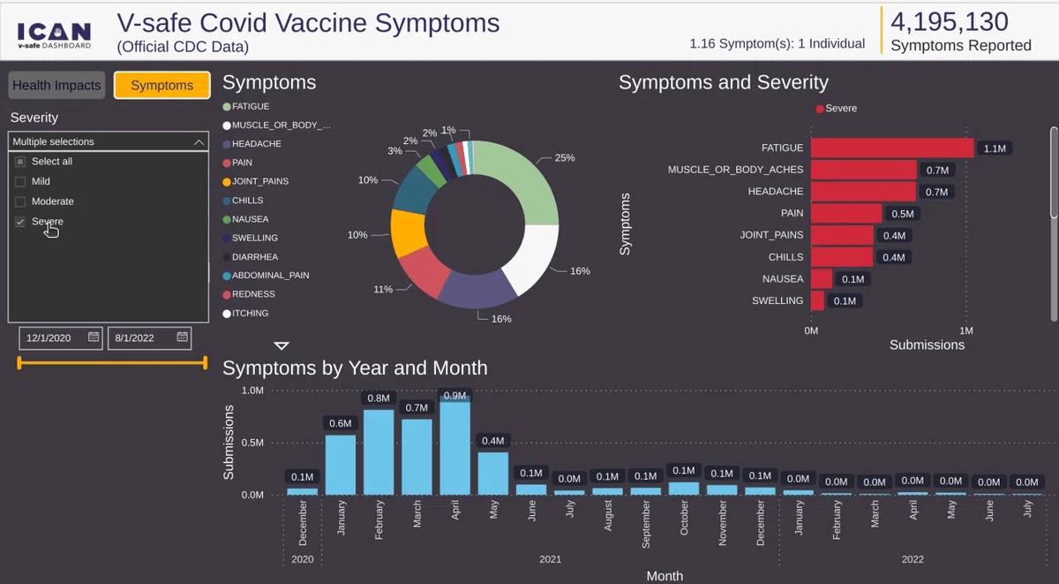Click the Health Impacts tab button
coord(56,85)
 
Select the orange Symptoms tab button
coord(162,85)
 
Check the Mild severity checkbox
coord(20,182)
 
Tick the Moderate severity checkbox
coord(20,201)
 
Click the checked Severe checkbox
coord(20,222)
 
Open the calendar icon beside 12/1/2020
coord(94,337)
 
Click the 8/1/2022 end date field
coord(149,338)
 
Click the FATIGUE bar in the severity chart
coord(892,148)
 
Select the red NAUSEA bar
coord(822,279)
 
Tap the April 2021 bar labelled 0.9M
coord(454,447)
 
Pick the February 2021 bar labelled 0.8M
coord(379,452)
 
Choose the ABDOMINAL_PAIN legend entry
coord(267,276)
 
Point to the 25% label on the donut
coord(565,157)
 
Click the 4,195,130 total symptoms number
coord(950,22)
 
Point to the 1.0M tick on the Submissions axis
coord(252,391)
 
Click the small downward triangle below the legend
coord(282,346)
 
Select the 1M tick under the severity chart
coord(966,330)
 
